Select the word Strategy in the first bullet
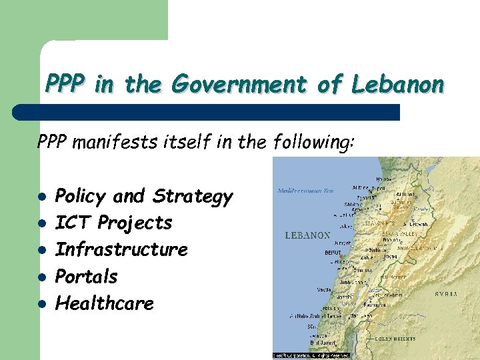(x=193, y=197)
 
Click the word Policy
(x=81, y=196)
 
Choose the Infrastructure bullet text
(x=121, y=249)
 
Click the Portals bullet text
(x=87, y=276)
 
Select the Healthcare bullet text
(x=105, y=303)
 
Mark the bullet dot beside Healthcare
(x=42, y=304)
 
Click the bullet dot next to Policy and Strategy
(x=42, y=197)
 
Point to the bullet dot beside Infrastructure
(x=42, y=251)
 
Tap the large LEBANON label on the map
(x=307, y=235)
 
